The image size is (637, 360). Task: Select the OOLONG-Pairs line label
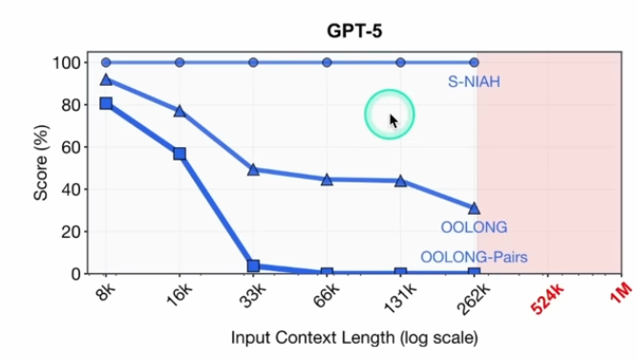click(x=476, y=256)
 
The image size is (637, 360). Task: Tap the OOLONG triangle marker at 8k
click(x=106, y=79)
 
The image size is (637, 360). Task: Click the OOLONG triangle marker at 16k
click(x=180, y=111)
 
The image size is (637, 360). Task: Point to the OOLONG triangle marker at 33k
click(x=253, y=169)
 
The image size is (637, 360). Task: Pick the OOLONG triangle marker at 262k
click(x=475, y=207)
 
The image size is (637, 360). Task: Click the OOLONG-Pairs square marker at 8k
click(x=106, y=103)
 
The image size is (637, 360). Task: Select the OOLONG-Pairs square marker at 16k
click(x=180, y=153)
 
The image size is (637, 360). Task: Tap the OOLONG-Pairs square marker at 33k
click(x=253, y=266)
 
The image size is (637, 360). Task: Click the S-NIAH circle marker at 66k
click(x=327, y=63)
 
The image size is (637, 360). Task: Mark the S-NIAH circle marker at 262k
click(x=475, y=63)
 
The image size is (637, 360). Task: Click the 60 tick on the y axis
click(x=69, y=147)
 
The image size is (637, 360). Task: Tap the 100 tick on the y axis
click(x=65, y=63)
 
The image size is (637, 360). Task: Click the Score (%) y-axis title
click(x=40, y=167)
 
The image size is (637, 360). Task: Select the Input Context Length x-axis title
click(x=353, y=339)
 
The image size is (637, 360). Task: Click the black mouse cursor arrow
click(x=393, y=120)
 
